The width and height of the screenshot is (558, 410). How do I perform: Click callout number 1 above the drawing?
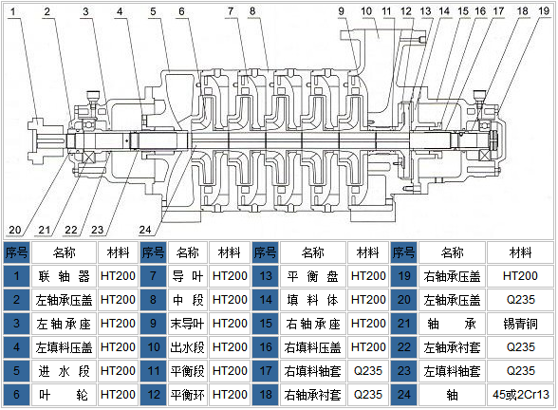pyautogui.click(x=13, y=11)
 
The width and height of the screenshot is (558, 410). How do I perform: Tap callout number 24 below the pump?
pyautogui.click(x=145, y=230)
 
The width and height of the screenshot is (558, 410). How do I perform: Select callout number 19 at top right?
pyautogui.click(x=544, y=11)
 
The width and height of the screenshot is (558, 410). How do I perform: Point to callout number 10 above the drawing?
pyautogui.click(x=366, y=11)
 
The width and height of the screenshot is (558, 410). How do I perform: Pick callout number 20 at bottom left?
pyautogui.click(x=15, y=230)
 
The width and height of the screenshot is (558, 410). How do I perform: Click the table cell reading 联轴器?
pyautogui.click(x=65, y=276)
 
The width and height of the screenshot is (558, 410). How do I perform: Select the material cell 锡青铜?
pyautogui.click(x=520, y=324)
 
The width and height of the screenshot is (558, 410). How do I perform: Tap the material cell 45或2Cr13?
pyautogui.click(x=520, y=395)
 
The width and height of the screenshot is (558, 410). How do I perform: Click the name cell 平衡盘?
pyautogui.click(x=313, y=276)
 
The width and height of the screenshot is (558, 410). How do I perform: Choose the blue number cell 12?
pyautogui.click(x=154, y=395)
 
